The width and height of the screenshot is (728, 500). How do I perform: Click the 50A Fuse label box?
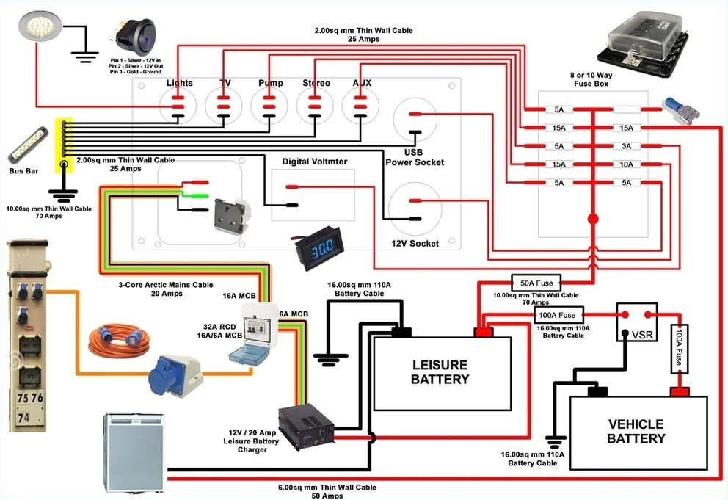[x=536, y=283]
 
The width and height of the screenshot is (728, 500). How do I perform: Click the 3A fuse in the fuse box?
[x=625, y=146]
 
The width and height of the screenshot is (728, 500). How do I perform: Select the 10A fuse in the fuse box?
[x=625, y=164]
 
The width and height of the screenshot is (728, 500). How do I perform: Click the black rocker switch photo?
[x=133, y=35]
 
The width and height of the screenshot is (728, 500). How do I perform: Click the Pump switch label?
[x=270, y=83]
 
